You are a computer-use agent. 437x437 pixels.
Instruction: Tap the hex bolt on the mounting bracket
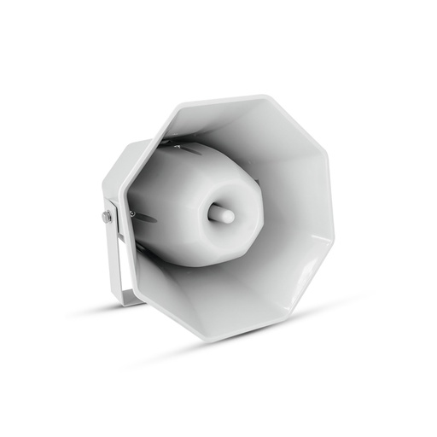(x=107, y=217)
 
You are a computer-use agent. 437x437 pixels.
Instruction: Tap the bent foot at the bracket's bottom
(x=131, y=298)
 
